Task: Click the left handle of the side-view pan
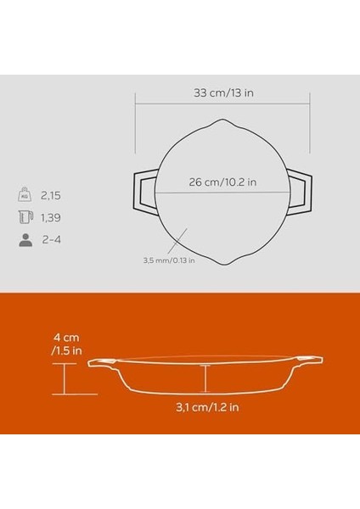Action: point(103,364)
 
